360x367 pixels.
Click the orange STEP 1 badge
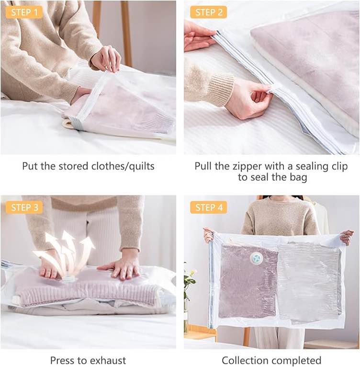24,12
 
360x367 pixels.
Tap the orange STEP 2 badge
208,12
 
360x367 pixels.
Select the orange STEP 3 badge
24,207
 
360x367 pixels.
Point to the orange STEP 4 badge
208,207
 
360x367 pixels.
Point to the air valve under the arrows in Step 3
69,279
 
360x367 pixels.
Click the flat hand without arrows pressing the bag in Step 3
121,268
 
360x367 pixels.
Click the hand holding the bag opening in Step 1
106,59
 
